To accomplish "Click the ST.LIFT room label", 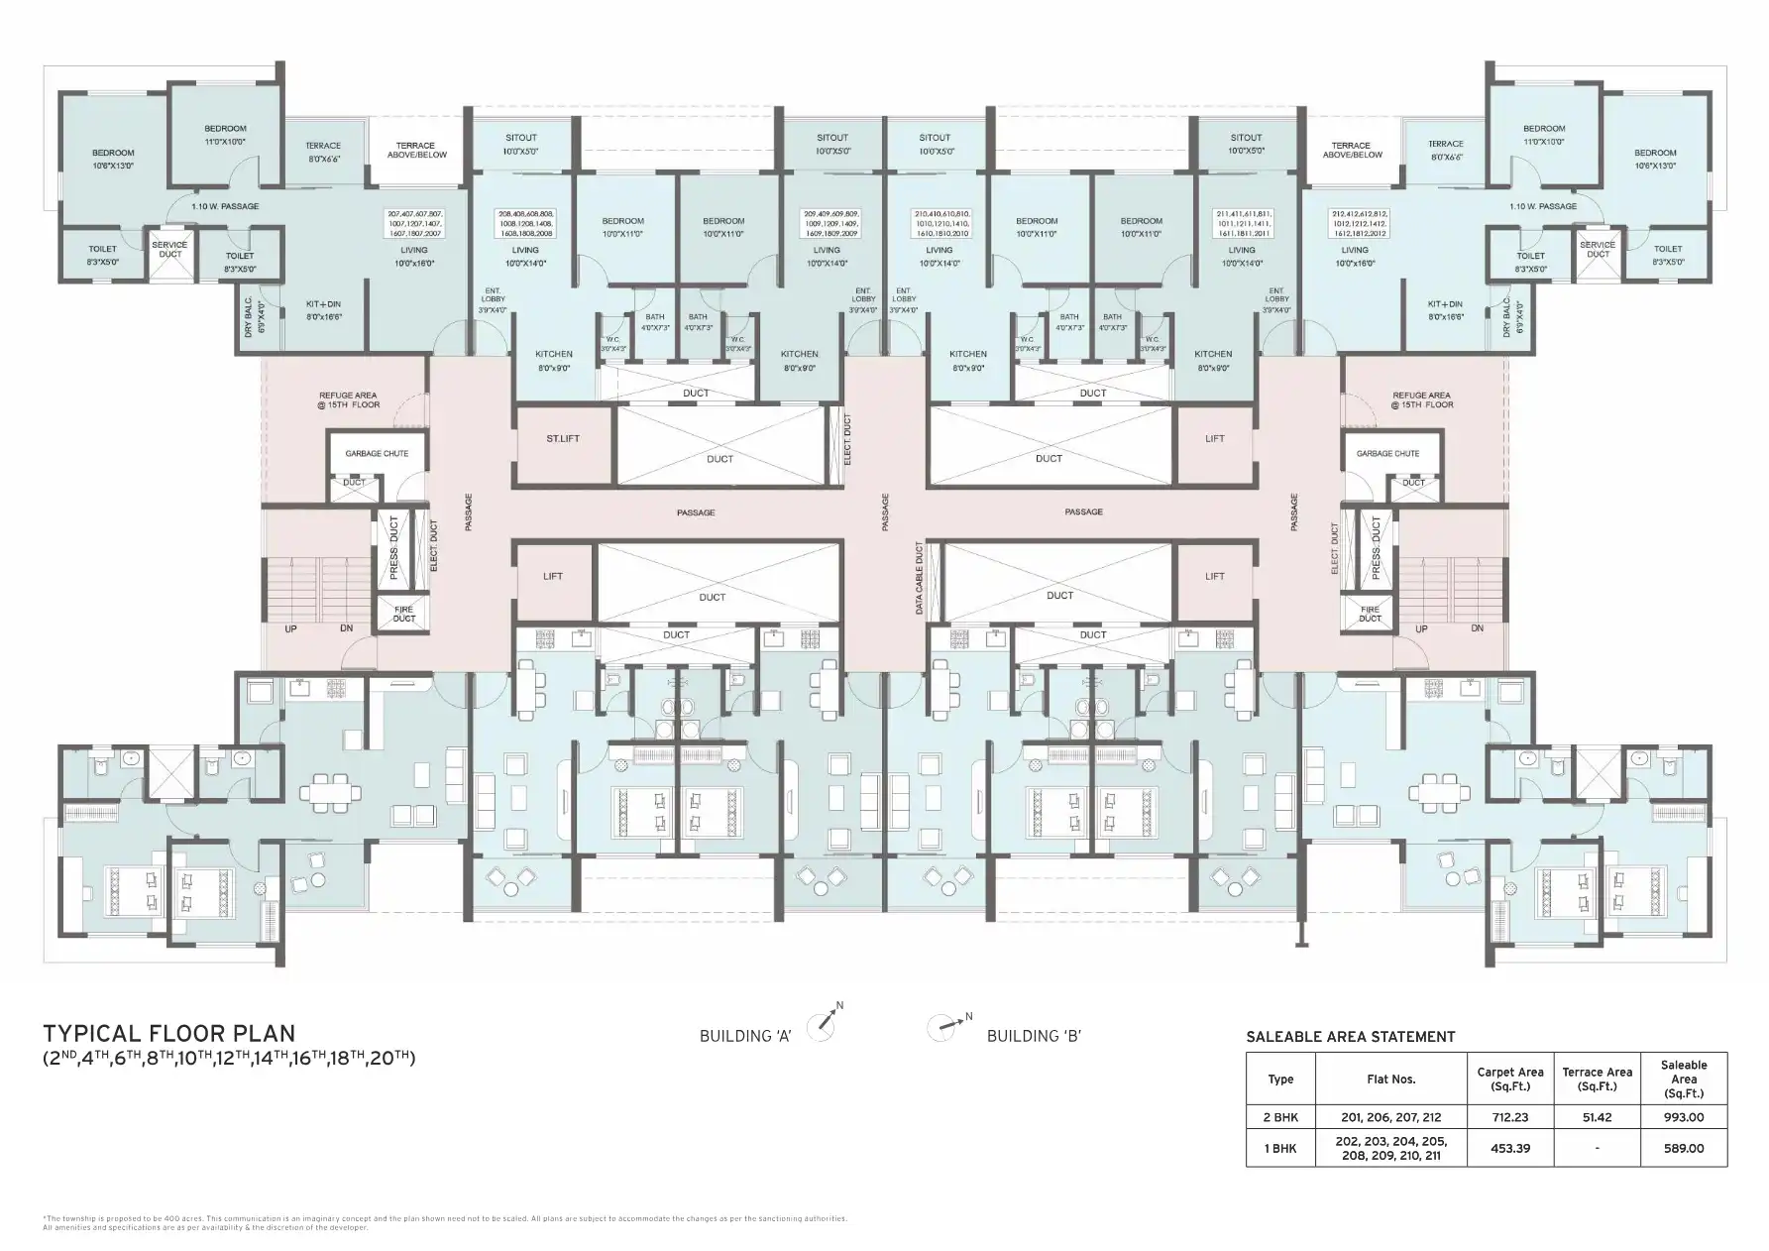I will pos(562,438).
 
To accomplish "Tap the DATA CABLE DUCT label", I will pos(920,579).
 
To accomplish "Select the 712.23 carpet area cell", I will pos(1509,1117).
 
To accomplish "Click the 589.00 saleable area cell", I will pos(1683,1148).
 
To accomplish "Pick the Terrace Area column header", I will pos(1597,1079).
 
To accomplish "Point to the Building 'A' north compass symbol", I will pos(823,1025).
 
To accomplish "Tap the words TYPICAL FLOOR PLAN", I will pos(168,1035).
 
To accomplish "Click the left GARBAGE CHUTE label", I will pos(377,453).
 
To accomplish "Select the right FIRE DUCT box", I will pos(1370,614).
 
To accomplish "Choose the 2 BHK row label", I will pos(1280,1117).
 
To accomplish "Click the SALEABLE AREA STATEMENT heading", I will pos(1350,1037).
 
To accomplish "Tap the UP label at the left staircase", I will pos(291,628).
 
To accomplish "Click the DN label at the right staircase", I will pos(1477,628).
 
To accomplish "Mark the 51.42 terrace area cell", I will pos(1597,1117).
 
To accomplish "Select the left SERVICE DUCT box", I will pos(169,250).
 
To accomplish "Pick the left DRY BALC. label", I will pos(249,318).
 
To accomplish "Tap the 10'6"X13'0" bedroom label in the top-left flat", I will pos(113,160).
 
